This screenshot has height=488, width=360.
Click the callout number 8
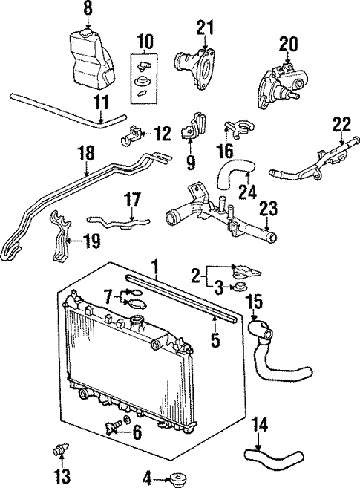click(x=88, y=9)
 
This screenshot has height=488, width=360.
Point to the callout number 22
click(x=341, y=123)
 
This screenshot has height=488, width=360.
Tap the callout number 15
click(x=254, y=302)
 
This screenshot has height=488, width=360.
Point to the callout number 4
click(x=146, y=476)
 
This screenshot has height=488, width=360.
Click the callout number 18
click(x=86, y=154)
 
